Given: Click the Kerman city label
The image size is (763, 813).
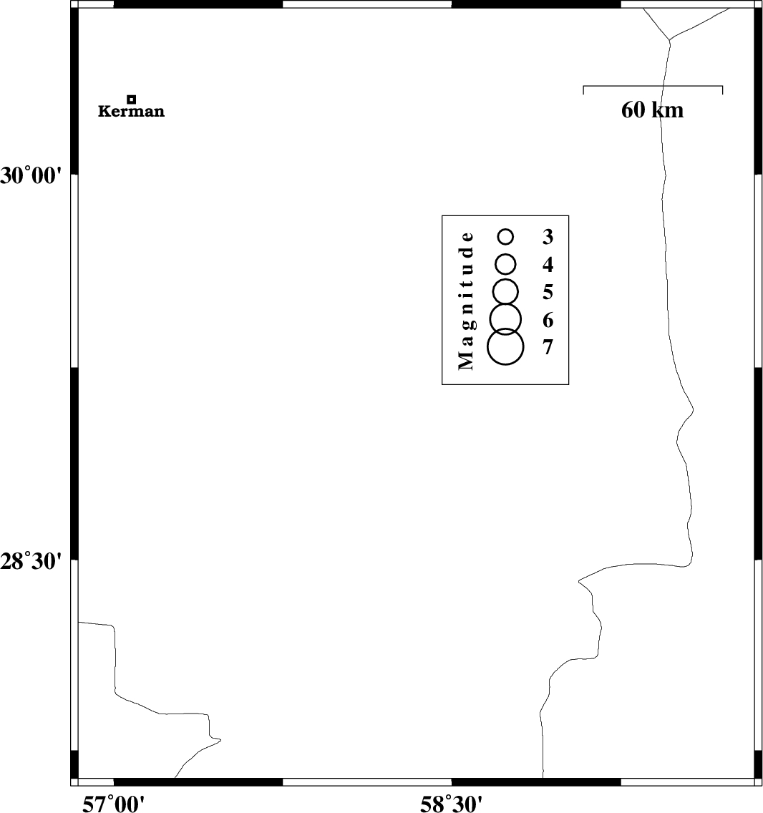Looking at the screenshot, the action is pyautogui.click(x=131, y=111).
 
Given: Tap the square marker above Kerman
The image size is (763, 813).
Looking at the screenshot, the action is pyautogui.click(x=132, y=99).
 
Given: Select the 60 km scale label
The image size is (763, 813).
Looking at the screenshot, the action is pyautogui.click(x=653, y=110).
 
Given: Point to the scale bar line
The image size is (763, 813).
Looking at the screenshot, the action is pyautogui.click(x=653, y=86).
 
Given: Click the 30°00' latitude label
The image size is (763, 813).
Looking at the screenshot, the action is pyautogui.click(x=31, y=176).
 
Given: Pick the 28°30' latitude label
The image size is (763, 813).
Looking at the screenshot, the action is pyautogui.click(x=31, y=561).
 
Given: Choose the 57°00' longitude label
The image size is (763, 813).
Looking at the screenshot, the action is pyautogui.click(x=114, y=804).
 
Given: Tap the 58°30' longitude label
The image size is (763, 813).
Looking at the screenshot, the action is pyautogui.click(x=451, y=804).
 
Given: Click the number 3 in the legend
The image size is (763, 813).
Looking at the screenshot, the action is pyautogui.click(x=548, y=236).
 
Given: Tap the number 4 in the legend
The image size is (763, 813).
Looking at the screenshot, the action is pyautogui.click(x=548, y=264).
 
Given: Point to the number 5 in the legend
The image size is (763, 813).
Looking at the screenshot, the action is pyautogui.click(x=548, y=292).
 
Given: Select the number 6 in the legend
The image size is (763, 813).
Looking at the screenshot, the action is pyautogui.click(x=548, y=320).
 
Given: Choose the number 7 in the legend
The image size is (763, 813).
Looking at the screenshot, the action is pyautogui.click(x=548, y=347).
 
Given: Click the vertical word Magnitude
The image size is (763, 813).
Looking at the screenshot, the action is pyautogui.click(x=466, y=301).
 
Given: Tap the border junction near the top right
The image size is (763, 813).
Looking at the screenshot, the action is pyautogui.click(x=669, y=39).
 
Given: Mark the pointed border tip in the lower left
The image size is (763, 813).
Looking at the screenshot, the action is pyautogui.click(x=221, y=740).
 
